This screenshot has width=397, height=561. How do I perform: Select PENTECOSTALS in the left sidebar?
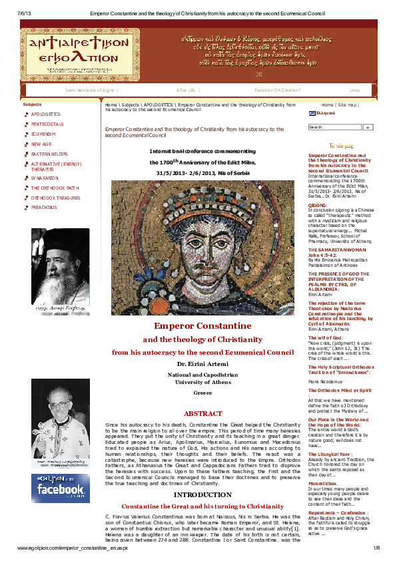46,124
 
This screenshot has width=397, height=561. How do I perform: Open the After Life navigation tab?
185,90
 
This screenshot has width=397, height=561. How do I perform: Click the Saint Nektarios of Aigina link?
90,90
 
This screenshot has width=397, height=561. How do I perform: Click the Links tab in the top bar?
354,90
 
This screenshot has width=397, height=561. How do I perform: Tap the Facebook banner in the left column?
60,489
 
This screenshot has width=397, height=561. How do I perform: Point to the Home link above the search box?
328,105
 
